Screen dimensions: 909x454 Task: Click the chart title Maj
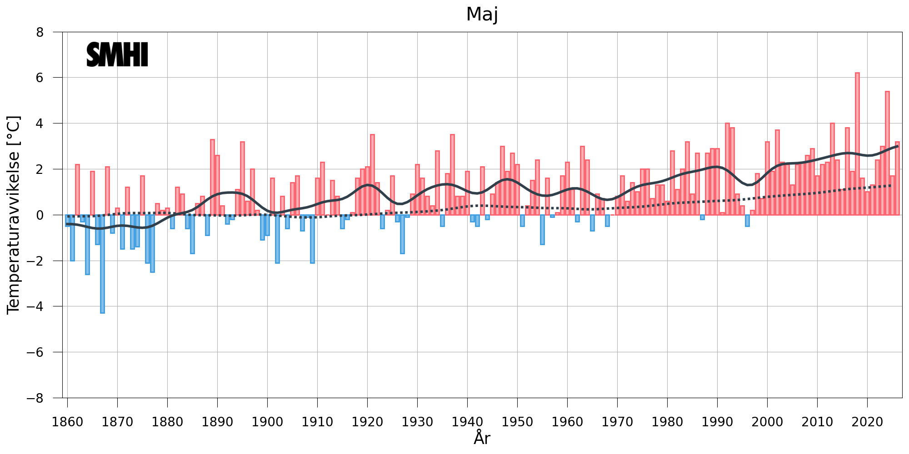[x=482, y=15]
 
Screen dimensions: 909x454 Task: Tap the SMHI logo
[x=117, y=55]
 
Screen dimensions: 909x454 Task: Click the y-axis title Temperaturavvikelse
[x=14, y=215]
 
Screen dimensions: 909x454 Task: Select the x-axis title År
[x=482, y=438]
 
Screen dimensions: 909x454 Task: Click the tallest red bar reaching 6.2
[x=857, y=144]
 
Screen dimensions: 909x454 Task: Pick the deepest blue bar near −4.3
[x=102, y=264]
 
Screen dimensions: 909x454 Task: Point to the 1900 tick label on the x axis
[x=267, y=422]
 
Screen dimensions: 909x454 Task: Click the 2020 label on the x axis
[x=867, y=422]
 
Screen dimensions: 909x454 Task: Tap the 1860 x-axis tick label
[x=67, y=422]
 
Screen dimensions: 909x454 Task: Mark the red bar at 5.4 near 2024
[x=887, y=153]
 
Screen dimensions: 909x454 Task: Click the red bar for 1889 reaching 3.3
[x=212, y=177]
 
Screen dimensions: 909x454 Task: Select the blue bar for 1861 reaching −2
[x=72, y=237]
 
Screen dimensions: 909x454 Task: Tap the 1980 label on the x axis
[x=667, y=422]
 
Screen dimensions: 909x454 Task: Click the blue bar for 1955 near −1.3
[x=542, y=230]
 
